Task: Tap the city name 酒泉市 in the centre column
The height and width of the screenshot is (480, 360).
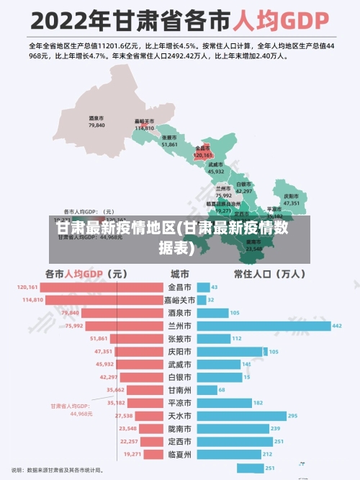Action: [x=179, y=313]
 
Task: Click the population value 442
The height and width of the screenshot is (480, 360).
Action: [x=337, y=326]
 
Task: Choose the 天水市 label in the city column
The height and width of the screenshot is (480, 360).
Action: [x=179, y=416]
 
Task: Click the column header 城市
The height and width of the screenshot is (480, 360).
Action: [x=179, y=274]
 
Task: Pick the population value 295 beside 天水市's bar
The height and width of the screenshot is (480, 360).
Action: [x=292, y=416]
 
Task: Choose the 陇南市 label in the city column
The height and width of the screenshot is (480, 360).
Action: [x=179, y=429]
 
